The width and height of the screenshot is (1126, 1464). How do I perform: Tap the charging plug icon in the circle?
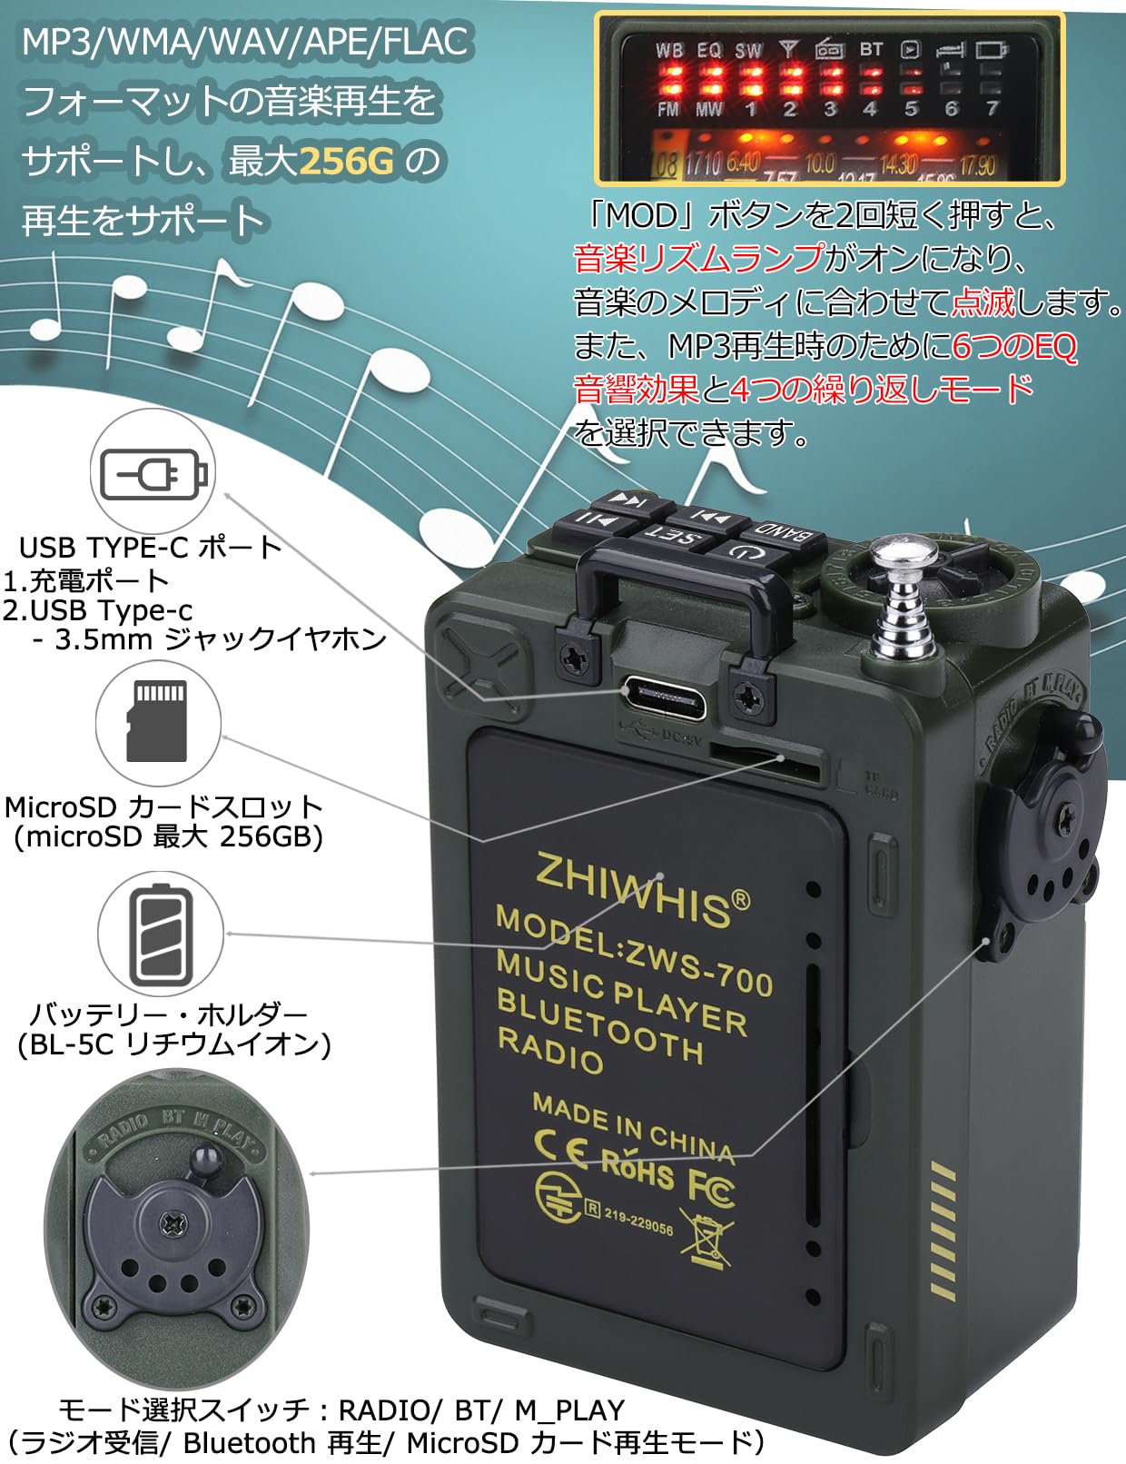pos(153,472)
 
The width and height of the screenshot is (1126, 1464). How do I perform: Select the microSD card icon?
pos(159,721)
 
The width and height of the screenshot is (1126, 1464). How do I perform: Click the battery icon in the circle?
pos(161,936)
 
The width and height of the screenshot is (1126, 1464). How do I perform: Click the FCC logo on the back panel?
pos(711,1187)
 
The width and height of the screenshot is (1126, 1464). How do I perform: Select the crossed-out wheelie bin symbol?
pos(706,1239)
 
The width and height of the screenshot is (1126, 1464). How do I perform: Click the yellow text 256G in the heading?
pos(346,162)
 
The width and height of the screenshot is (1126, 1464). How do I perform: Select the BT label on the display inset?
pos(871,50)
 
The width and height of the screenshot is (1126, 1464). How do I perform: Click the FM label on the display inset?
pos(668,109)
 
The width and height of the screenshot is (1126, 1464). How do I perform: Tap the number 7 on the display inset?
pos(992,109)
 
